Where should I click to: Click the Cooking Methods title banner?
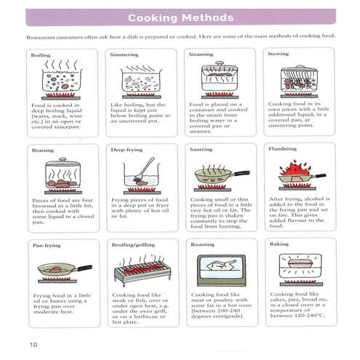(x=180, y=17)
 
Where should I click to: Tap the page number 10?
(x=33, y=343)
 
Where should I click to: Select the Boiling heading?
(x=40, y=55)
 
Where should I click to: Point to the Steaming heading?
(x=201, y=55)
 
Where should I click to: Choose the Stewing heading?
(x=279, y=55)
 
